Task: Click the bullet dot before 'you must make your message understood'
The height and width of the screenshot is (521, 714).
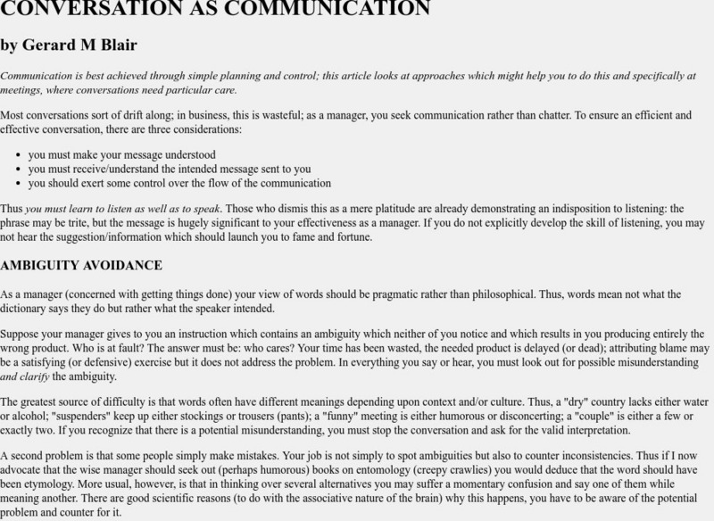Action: point(17,155)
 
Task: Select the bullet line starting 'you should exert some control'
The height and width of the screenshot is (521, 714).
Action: point(179,184)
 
